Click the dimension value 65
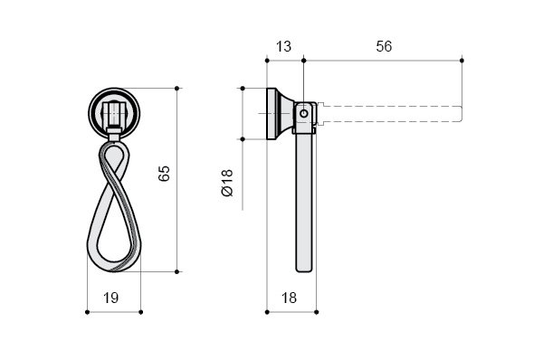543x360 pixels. [x=164, y=173]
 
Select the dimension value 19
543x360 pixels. [x=110, y=298]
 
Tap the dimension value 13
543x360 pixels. [x=283, y=47]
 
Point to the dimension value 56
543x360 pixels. [x=384, y=47]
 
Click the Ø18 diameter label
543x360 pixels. [x=227, y=183]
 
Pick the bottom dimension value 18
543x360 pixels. [x=289, y=298]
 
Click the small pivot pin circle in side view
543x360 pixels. [x=304, y=113]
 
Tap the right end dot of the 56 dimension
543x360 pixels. [x=462, y=61]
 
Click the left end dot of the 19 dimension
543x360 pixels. [x=87, y=312]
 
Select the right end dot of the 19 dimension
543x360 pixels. [x=140, y=312]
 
